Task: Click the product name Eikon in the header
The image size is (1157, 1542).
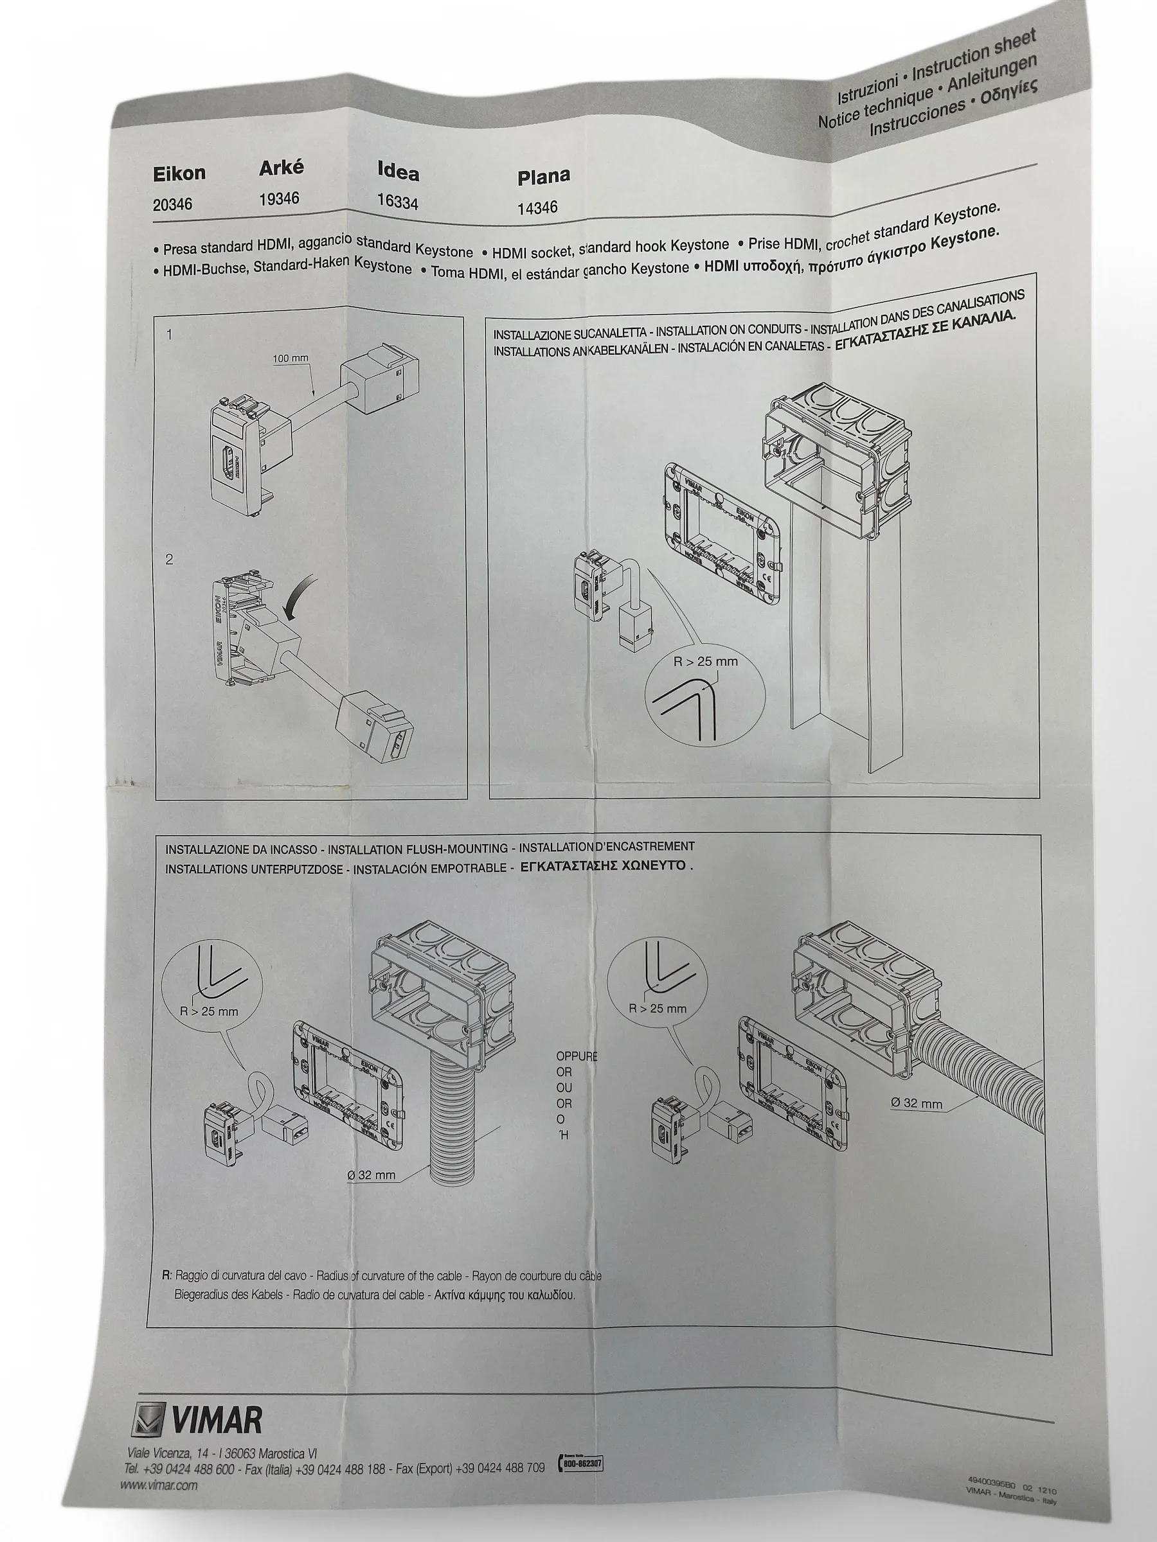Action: point(179,173)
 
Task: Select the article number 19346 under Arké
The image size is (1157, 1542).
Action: point(279,199)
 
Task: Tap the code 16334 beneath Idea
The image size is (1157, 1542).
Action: point(397,202)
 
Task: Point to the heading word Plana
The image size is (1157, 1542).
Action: point(543,177)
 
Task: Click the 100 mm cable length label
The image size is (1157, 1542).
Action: point(290,359)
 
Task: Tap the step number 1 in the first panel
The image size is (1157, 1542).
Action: point(170,335)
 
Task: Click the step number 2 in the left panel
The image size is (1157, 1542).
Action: point(170,559)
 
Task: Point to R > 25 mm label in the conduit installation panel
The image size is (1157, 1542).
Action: point(705,662)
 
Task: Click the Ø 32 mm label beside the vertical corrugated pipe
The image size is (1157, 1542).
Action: point(371,1174)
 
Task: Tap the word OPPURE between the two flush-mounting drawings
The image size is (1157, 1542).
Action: point(576,1056)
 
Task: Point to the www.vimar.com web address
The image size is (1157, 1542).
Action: point(158,1485)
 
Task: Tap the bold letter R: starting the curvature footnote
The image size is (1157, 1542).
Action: point(166,1275)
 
